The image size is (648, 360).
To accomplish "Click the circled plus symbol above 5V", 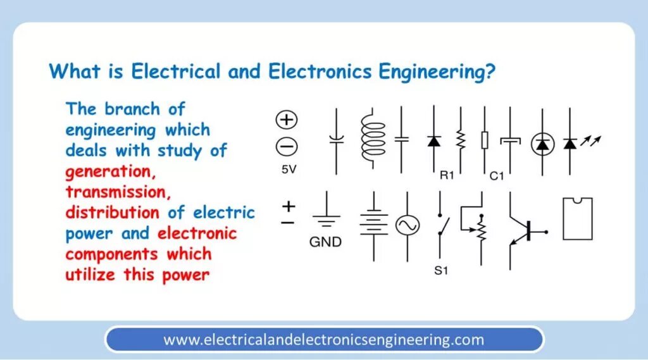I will [287, 120].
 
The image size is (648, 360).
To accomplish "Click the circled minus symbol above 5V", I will [287, 147].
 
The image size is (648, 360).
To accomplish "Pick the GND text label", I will [325, 242].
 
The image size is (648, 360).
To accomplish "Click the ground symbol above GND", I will [326, 218].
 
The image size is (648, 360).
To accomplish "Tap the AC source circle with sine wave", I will [408, 225].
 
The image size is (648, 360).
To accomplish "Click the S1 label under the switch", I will [441, 271].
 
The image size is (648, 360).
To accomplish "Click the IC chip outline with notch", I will [577, 219].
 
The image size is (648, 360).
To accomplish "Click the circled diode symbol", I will [542, 144].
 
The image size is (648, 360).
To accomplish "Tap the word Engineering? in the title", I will [437, 71].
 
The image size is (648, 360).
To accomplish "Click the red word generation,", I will [109, 171].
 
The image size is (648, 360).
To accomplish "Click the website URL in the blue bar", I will [323, 340].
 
